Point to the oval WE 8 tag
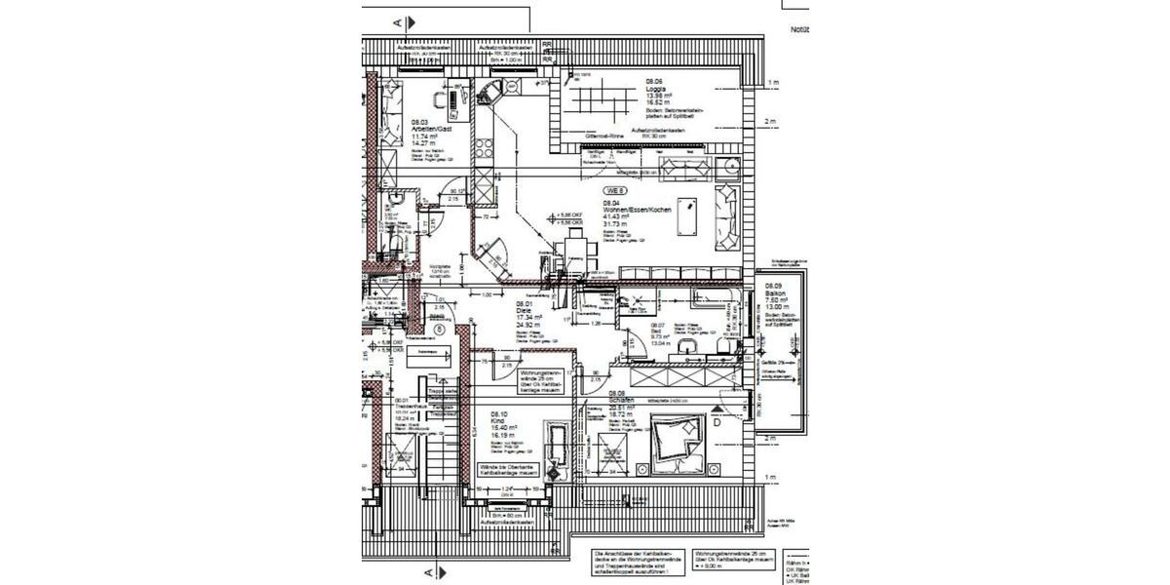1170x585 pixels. click(614, 190)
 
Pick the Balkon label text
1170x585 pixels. click(776, 292)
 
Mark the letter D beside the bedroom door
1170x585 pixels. click(716, 422)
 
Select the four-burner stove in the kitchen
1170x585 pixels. click(483, 152)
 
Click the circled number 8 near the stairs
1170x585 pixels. click(440, 331)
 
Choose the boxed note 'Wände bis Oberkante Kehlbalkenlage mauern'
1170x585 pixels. click(508, 470)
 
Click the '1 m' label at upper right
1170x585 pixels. click(772, 83)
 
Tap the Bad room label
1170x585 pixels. click(657, 331)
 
